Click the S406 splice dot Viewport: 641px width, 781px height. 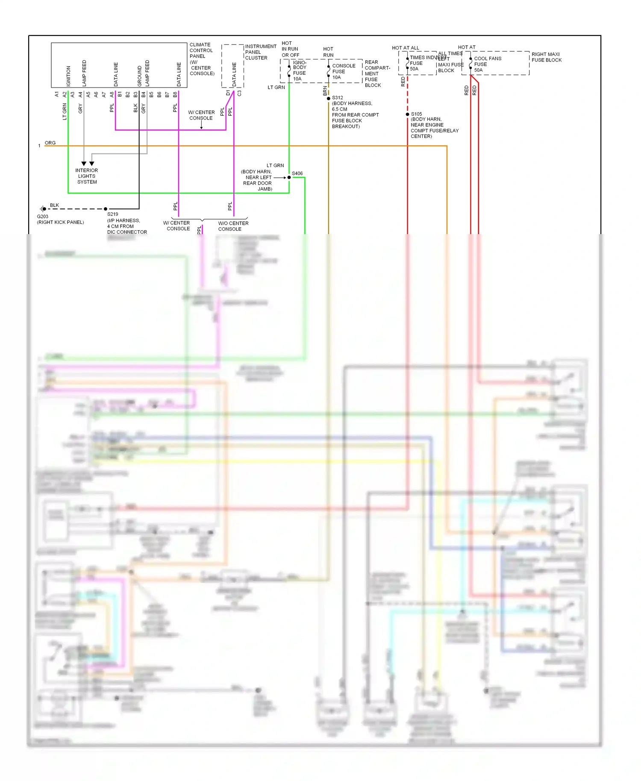tap(289, 177)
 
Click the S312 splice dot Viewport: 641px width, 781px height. tap(329, 99)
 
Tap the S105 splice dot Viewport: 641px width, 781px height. tap(408, 114)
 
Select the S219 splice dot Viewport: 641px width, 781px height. tap(106, 209)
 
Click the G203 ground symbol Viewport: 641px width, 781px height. tap(43, 209)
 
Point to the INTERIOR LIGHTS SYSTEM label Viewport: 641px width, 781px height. tap(87, 176)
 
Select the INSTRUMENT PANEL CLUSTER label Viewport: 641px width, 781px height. tap(260, 52)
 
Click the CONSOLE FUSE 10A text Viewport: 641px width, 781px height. tap(343, 71)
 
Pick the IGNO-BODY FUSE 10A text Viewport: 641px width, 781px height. tap(300, 70)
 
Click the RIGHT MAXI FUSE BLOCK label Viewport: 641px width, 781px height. tap(546, 57)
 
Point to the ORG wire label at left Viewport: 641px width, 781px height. tap(50, 143)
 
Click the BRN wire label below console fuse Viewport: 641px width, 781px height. tap(325, 90)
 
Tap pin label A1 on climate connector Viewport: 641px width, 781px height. tap(57, 94)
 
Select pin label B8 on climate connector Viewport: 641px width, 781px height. tap(175, 94)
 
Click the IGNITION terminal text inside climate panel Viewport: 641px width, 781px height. tap(68, 76)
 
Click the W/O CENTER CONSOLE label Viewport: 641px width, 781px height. tap(233, 226)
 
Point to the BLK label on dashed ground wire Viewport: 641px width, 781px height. tap(54, 205)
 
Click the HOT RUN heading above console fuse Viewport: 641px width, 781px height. tap(328, 52)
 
